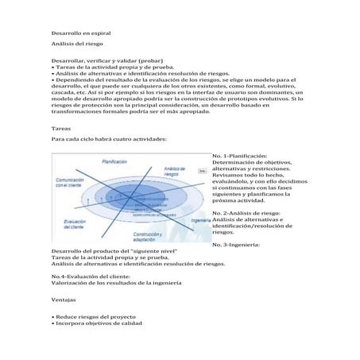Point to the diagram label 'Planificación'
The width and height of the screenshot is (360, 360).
tap(114, 161)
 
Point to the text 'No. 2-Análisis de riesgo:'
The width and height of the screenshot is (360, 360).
tap(246, 213)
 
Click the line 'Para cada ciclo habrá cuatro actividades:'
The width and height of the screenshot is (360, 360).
tap(109, 138)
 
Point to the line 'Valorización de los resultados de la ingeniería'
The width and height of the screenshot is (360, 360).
tap(117, 283)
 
